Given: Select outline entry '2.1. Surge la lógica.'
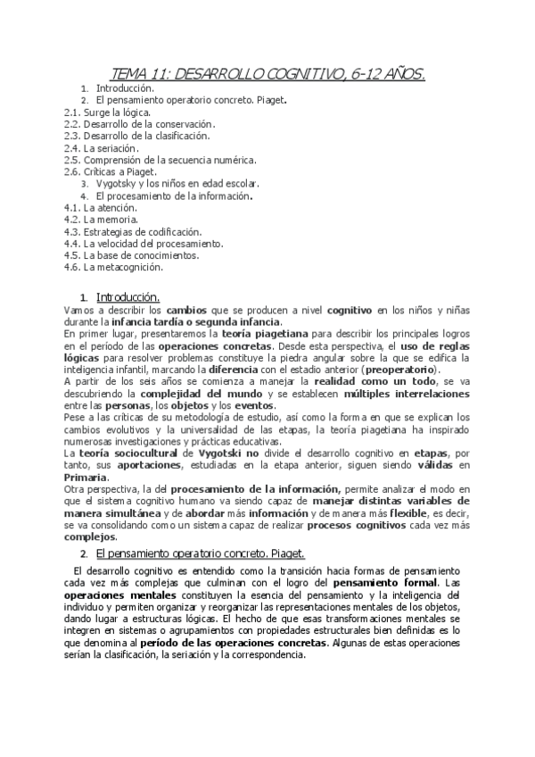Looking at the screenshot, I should point(106,112).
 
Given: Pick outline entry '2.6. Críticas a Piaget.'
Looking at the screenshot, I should point(110,171).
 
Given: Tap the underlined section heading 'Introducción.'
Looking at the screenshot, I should point(128,296).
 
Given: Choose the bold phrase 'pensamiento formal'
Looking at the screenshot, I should point(410,583).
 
